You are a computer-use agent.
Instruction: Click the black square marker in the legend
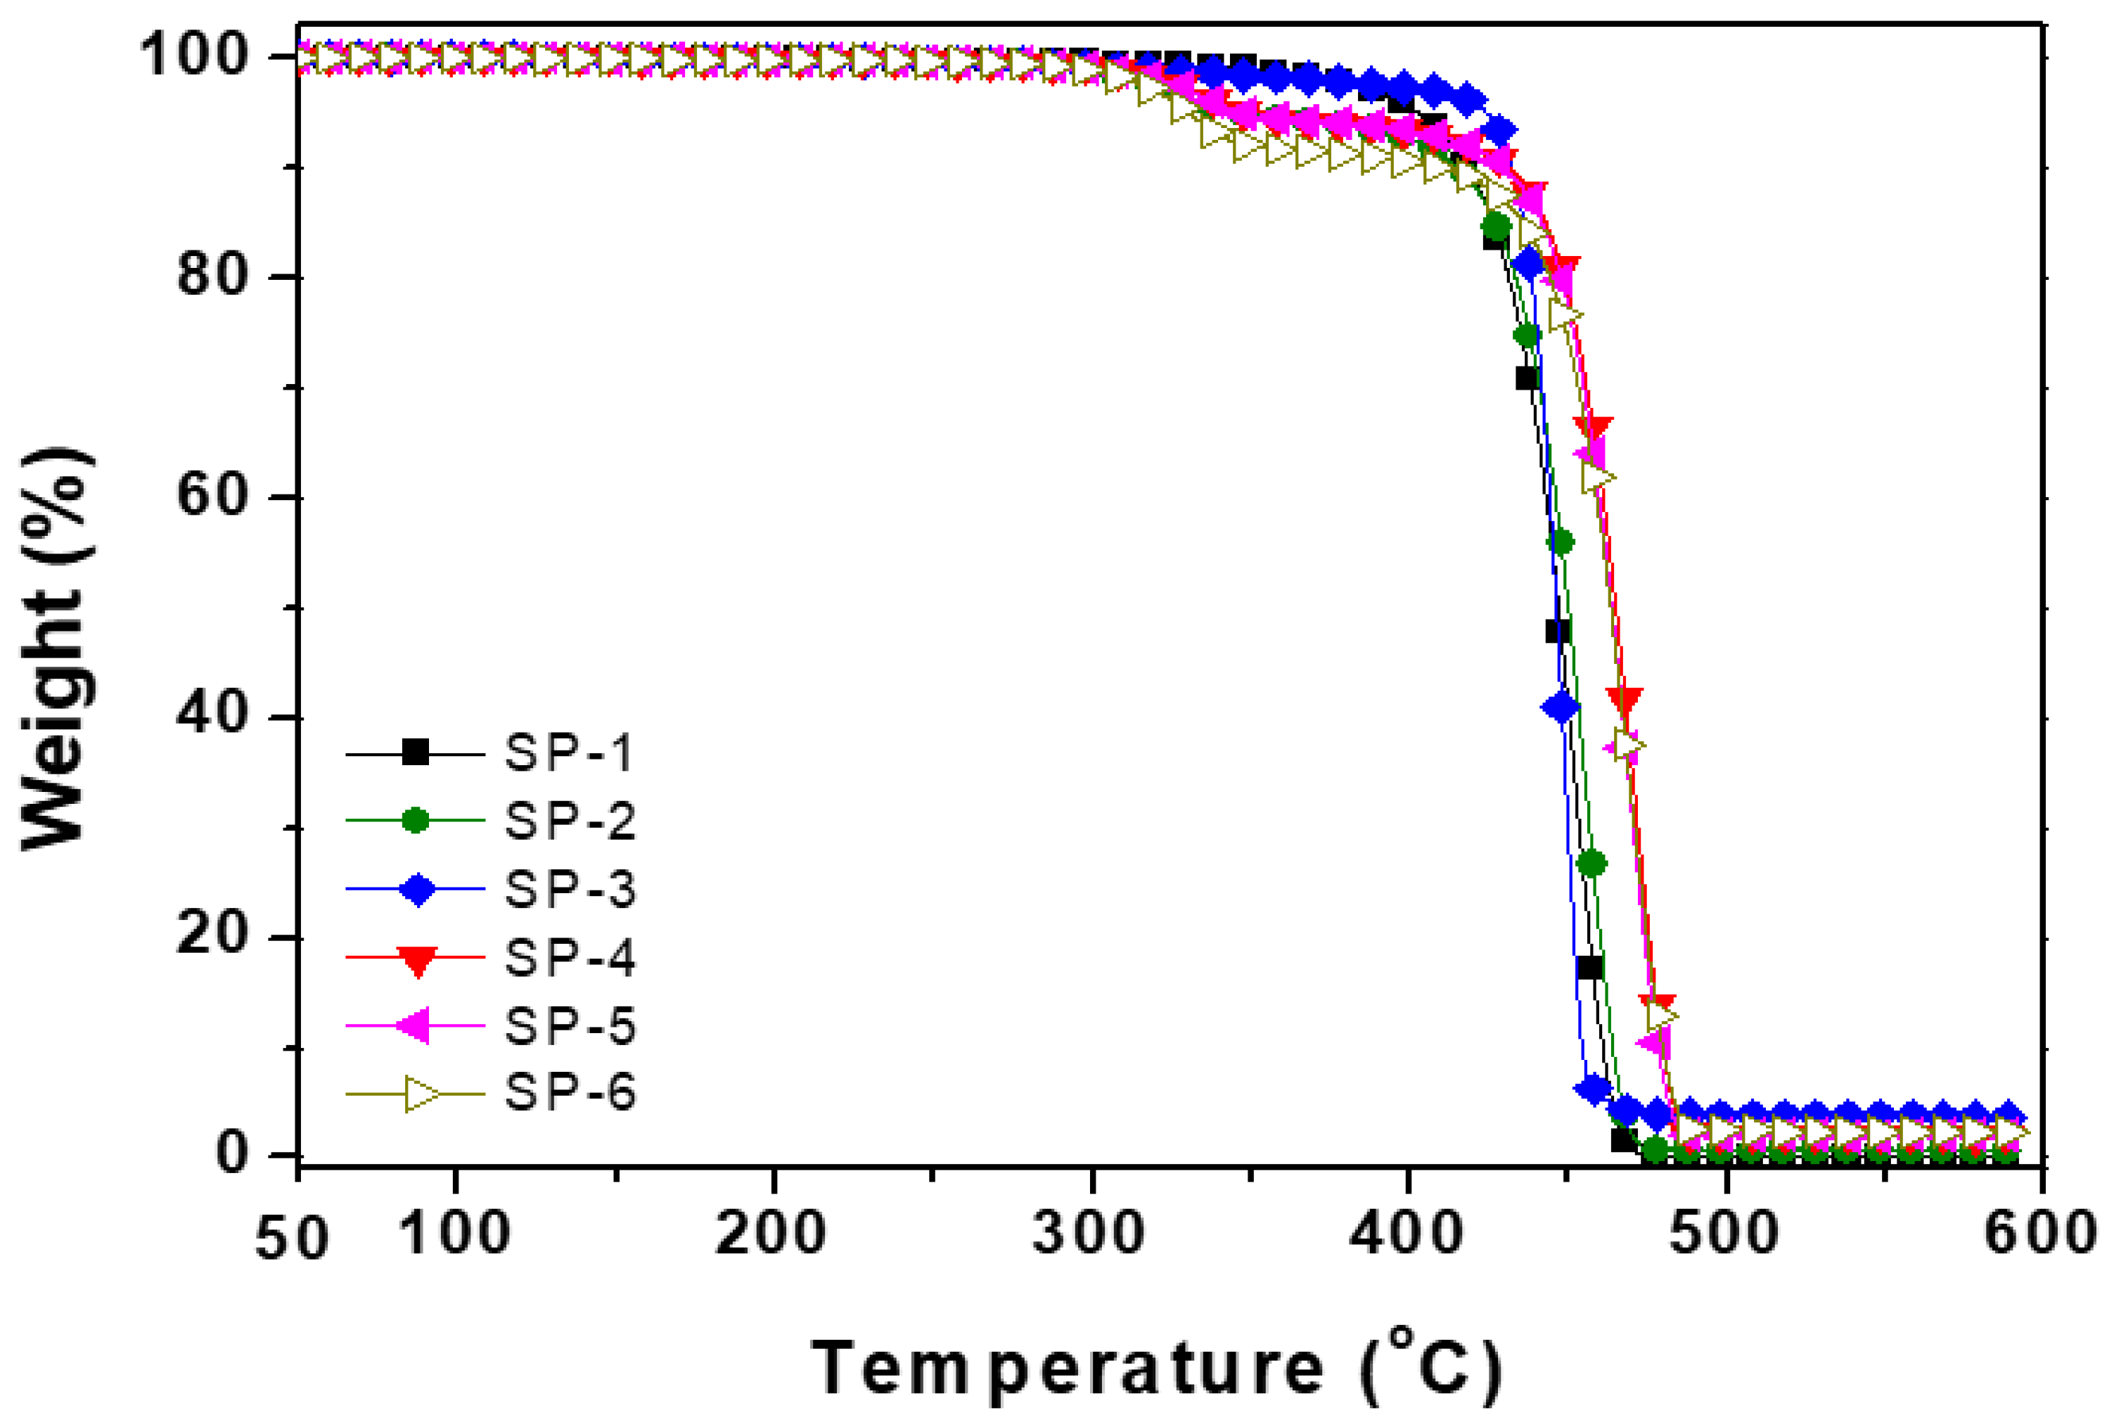click(416, 754)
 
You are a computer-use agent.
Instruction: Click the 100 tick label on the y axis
click(195, 56)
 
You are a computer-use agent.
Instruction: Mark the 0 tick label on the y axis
click(233, 1153)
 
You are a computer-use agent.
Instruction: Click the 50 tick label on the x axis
click(291, 1238)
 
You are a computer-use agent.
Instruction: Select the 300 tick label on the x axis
click(1089, 1234)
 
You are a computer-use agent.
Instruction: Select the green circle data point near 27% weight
click(1591, 864)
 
